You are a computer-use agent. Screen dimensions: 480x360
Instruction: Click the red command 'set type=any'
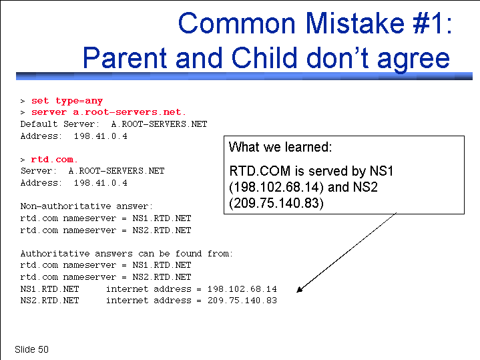tap(67, 101)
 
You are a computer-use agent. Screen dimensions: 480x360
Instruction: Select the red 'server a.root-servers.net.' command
tap(109, 112)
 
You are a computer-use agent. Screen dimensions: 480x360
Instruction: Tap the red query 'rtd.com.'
tap(54, 160)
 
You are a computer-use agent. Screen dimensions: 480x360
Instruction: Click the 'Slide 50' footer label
tap(31, 349)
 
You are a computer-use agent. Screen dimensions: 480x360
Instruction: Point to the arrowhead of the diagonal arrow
tap(299, 289)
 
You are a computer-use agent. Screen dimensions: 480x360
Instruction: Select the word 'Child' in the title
tap(264, 57)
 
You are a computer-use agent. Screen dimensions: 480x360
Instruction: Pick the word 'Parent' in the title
tap(125, 57)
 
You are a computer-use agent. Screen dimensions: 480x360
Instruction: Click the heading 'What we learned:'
tap(280, 147)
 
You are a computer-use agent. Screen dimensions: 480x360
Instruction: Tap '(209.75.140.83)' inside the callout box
tap(276, 203)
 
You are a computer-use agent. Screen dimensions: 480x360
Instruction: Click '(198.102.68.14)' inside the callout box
tap(276, 187)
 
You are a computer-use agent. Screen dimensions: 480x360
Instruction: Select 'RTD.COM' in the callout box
tap(260, 171)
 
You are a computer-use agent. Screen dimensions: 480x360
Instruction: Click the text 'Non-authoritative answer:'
tap(86, 206)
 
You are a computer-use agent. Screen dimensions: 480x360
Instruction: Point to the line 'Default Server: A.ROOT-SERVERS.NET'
tap(113, 124)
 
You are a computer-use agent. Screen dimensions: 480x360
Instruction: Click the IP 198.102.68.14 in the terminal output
tap(242, 289)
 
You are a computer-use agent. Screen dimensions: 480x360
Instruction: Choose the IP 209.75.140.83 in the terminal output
tap(242, 301)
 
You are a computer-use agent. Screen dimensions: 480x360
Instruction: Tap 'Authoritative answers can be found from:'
tap(126, 254)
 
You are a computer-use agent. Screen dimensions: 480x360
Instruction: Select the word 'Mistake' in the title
tap(354, 23)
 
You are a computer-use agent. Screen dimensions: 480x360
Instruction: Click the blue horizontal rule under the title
tap(244, 76)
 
